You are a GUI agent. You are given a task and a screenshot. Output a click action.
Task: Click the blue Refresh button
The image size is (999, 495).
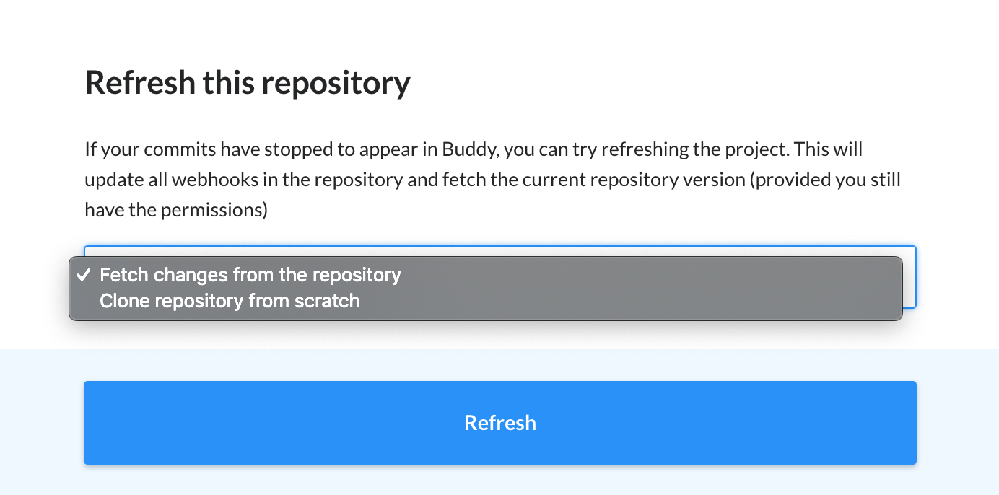tap(500, 423)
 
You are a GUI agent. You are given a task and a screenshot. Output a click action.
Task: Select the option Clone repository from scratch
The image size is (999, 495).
tap(230, 301)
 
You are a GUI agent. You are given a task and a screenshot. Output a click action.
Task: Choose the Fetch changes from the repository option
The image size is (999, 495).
tap(250, 275)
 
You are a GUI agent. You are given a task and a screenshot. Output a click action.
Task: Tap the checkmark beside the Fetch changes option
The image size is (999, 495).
tap(84, 275)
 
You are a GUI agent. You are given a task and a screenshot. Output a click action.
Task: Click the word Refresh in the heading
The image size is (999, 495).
tap(140, 83)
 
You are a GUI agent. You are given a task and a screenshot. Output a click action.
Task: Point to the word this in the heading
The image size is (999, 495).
tap(228, 83)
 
